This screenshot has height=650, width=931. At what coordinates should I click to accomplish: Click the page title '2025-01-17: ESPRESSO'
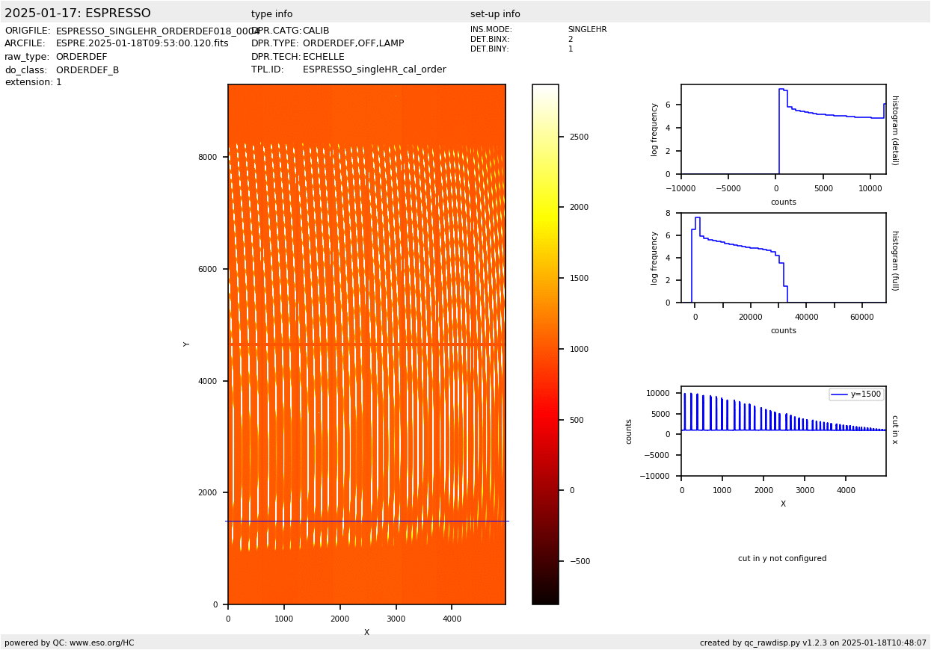click(x=78, y=13)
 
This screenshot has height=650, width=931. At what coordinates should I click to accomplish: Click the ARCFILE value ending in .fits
click(x=142, y=43)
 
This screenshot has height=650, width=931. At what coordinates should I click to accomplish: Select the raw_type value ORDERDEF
click(x=82, y=57)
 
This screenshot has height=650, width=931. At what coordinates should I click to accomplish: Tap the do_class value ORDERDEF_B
click(x=87, y=70)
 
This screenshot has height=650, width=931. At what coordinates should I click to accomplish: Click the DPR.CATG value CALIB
click(x=316, y=31)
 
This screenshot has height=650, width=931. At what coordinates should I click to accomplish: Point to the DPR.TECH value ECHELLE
click(x=323, y=57)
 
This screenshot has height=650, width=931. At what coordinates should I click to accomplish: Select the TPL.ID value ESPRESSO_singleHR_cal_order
click(x=374, y=69)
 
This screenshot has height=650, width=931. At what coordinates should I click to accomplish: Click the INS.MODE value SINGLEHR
click(x=587, y=30)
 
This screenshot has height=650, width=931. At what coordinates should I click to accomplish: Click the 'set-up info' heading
click(x=495, y=14)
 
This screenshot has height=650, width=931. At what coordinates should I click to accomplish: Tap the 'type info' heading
click(x=271, y=14)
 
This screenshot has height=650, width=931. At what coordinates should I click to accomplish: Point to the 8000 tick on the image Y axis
click(x=207, y=157)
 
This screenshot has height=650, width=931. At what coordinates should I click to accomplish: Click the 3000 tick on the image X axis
click(x=396, y=619)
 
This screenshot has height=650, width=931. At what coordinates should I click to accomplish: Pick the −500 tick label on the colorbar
click(x=578, y=561)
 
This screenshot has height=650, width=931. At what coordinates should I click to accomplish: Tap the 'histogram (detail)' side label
click(x=894, y=130)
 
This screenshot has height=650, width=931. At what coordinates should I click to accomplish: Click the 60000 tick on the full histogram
click(x=862, y=317)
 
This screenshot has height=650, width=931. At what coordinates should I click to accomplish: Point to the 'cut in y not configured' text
click(x=782, y=559)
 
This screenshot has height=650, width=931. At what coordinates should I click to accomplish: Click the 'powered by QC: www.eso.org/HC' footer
click(x=70, y=643)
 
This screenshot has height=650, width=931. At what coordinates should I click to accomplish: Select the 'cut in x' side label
click(x=894, y=430)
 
